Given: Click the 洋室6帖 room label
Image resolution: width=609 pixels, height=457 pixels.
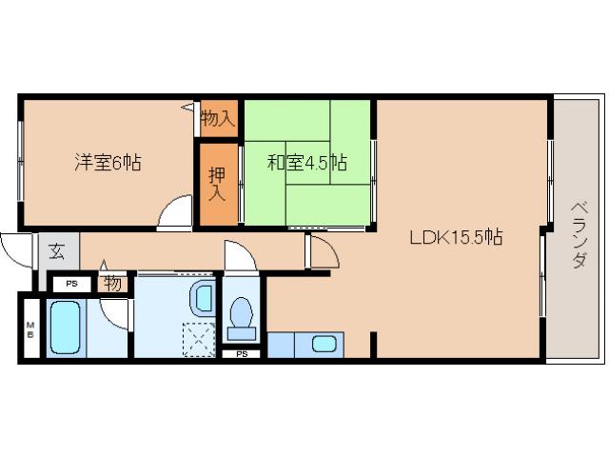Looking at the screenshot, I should pyautogui.click(x=108, y=163).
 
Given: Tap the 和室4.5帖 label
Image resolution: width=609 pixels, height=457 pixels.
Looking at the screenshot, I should pyautogui.click(x=306, y=163).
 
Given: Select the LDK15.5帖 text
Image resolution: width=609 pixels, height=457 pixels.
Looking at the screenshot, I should pyautogui.click(x=456, y=238).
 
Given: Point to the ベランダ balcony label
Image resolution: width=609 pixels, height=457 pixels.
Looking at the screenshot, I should pyautogui.click(x=577, y=234).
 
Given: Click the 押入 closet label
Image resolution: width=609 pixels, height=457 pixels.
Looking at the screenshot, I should pyautogui.click(x=217, y=184).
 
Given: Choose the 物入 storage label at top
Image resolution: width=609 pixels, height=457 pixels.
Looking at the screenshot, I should pyautogui.click(x=217, y=118).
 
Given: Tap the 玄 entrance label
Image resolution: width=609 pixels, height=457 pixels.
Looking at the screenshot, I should pyautogui.click(x=57, y=252).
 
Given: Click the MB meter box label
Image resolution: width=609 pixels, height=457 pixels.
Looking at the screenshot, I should pyautogui.click(x=29, y=329).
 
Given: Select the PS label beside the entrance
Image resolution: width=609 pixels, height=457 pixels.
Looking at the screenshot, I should pyautogui.click(x=70, y=283).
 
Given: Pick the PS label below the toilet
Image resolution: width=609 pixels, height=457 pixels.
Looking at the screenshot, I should pyautogui.click(x=242, y=354).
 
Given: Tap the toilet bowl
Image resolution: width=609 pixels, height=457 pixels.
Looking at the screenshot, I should pyautogui.click(x=242, y=314).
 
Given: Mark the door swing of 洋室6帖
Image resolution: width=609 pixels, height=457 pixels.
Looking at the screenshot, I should pyautogui.click(x=174, y=212).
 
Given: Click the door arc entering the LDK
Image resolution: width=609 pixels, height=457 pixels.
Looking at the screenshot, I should pyautogui.click(x=324, y=253).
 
